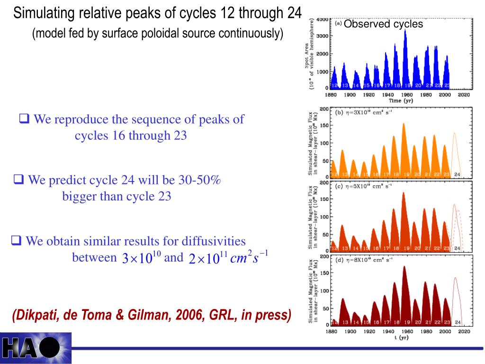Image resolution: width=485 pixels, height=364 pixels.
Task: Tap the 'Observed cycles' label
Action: (383, 24)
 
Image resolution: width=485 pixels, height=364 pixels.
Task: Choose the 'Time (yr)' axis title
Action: (401, 100)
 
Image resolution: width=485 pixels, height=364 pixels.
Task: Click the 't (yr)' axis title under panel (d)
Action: (401, 338)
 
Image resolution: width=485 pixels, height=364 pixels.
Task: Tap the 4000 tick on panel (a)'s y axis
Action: (322, 19)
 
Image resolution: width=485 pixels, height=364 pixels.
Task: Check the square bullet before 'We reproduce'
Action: (24, 118)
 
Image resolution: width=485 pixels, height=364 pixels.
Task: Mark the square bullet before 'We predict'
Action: (19, 180)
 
